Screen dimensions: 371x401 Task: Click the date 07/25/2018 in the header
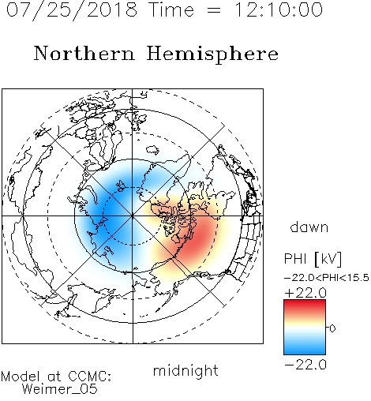point(72,10)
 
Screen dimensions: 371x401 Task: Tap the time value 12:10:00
point(279,9)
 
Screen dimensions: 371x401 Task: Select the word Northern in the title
point(84,53)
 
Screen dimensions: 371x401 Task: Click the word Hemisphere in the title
point(212,54)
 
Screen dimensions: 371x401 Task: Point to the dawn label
point(309,227)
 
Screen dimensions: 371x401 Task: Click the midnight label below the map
point(185,371)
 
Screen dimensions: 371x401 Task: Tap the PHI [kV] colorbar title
point(313,259)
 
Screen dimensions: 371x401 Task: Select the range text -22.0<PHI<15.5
point(327,278)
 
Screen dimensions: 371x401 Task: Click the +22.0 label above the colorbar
point(305,293)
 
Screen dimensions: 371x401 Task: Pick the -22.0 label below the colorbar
point(305,365)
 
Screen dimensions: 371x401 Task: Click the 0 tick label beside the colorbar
point(332,328)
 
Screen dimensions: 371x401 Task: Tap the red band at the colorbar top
point(305,304)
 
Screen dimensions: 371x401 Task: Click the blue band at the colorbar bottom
point(305,349)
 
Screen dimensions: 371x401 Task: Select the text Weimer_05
point(59,389)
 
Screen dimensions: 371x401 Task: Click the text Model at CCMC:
point(56,377)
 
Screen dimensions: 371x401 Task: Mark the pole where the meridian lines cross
point(132,215)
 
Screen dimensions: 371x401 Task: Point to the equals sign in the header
point(214,10)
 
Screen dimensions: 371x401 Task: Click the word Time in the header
point(171,9)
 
